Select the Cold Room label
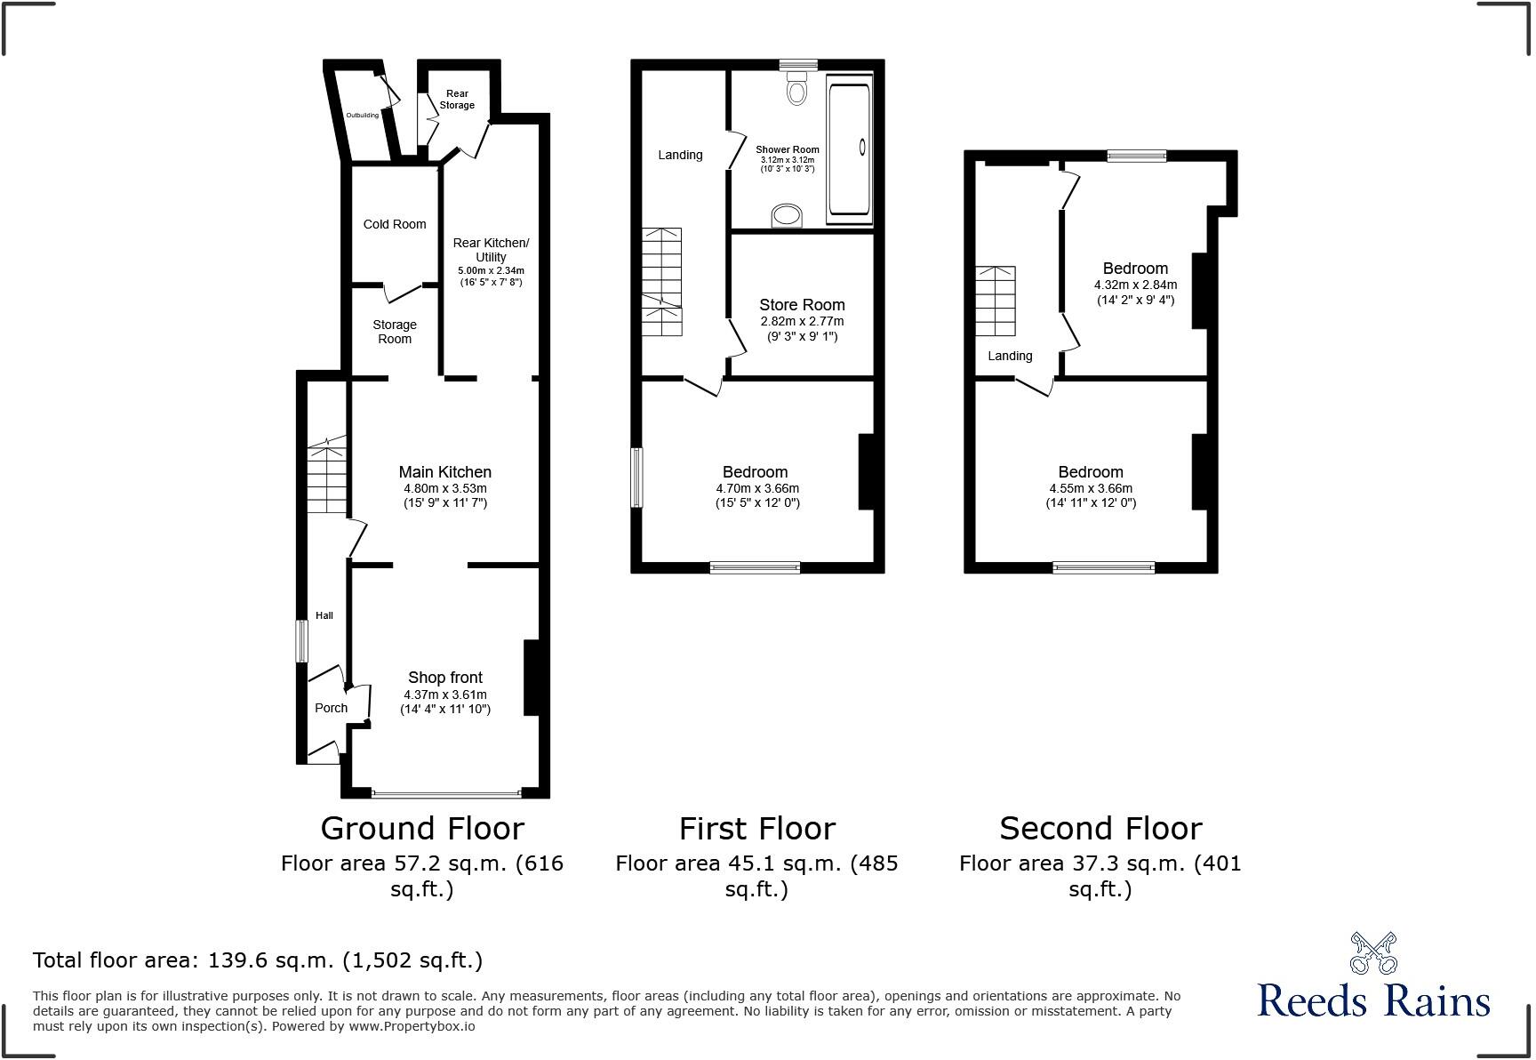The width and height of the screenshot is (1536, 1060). tap(395, 224)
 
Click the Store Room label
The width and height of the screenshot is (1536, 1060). tap(802, 305)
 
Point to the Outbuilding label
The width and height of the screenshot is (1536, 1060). tap(362, 115)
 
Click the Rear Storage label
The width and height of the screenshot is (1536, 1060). tap(457, 99)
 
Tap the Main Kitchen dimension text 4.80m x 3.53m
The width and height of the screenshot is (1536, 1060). tap(444, 488)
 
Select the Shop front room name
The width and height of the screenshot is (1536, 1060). tap(444, 678)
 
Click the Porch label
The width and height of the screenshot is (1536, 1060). tap(331, 708)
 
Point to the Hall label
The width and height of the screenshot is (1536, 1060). tap(324, 615)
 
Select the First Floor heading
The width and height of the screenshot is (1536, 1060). tap(756, 828)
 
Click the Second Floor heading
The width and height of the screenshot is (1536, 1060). tap(1100, 828)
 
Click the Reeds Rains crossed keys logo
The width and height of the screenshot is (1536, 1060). tap(1373, 952)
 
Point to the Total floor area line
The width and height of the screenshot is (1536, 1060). tap(257, 960)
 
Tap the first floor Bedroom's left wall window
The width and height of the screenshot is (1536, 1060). tap(636, 478)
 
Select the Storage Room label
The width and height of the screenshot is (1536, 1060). tap(395, 332)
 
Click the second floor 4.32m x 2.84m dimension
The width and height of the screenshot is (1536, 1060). tap(1135, 285)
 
